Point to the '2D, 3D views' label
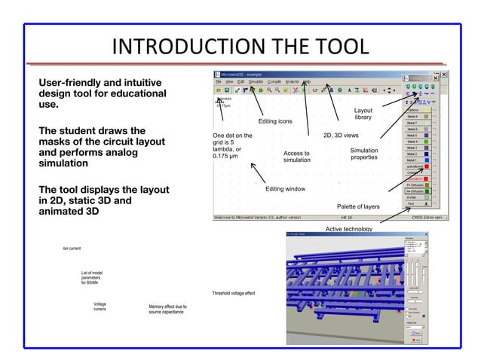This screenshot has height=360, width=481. pyautogui.click(x=341, y=136)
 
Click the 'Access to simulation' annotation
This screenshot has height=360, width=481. pyautogui.click(x=296, y=157)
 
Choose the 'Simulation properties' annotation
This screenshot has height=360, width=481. pyautogui.click(x=364, y=154)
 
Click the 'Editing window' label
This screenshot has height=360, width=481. pyautogui.click(x=285, y=189)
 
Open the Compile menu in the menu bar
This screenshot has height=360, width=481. pyautogui.click(x=274, y=81)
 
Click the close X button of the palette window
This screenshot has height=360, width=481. pyautogui.click(x=444, y=75)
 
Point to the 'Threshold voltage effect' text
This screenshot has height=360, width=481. pyautogui.click(x=234, y=294)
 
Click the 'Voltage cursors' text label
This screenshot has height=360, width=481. pyautogui.click(x=100, y=307)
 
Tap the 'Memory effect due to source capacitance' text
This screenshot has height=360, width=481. pyautogui.click(x=168, y=310)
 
